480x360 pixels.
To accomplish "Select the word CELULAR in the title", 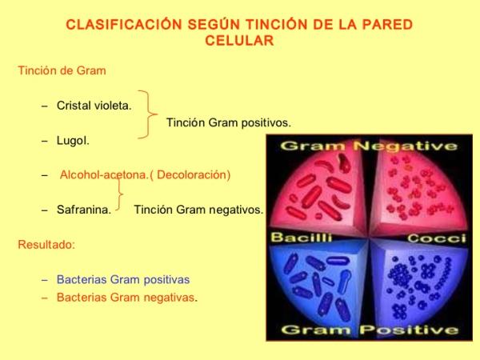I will point(240,41).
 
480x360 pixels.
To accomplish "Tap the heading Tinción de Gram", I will point(62,70).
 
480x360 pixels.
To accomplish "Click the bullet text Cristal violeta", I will point(94,106).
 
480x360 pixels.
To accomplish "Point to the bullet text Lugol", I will point(73,141).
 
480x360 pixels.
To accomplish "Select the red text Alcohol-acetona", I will point(102,174).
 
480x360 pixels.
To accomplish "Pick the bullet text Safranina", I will point(83,210).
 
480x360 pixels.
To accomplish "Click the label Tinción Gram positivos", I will point(228,123).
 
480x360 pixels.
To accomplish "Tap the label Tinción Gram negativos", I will point(198,210).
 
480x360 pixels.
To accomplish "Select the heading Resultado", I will point(46,244).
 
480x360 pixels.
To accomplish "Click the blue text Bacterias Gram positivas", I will point(122,279).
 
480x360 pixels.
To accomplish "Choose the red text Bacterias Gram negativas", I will point(126,297).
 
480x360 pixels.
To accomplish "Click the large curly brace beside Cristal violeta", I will point(148,114).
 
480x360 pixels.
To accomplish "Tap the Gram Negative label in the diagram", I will point(370,146).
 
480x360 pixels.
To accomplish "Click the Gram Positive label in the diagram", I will point(370,330).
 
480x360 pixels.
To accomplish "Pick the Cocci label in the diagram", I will point(436,238).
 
